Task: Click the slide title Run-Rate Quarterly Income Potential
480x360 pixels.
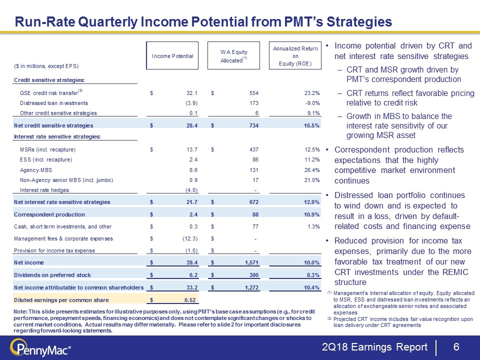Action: pyautogui.click(x=203, y=22)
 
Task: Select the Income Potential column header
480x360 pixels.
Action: pyautogui.click(x=172, y=56)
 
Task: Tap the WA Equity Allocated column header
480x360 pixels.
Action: pyautogui.click(x=234, y=56)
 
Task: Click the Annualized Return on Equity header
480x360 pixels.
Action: pyautogui.click(x=296, y=56)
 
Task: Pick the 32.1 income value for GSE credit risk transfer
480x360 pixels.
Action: pyautogui.click(x=192, y=93)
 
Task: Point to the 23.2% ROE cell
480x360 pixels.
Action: pyautogui.click(x=310, y=93)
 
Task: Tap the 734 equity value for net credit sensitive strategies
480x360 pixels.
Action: pyautogui.click(x=253, y=124)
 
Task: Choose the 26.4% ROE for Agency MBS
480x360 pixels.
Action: pyautogui.click(x=310, y=170)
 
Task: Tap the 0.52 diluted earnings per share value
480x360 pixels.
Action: pyautogui.click(x=190, y=299)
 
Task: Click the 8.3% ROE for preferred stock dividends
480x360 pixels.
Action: pyautogui.click(x=311, y=274)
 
